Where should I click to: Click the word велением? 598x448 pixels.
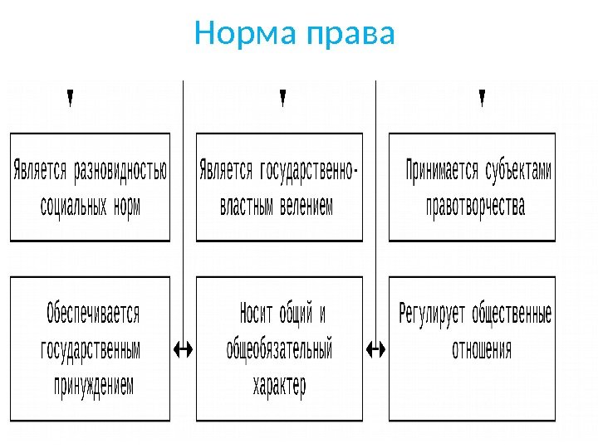pos(305,206)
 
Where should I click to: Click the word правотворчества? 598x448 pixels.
pos(475,206)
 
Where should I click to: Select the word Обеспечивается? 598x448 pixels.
pos(93,314)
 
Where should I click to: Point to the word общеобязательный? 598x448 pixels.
pos(280,349)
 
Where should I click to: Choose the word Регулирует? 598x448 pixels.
pos(432,314)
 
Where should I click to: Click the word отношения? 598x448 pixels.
pos(482,349)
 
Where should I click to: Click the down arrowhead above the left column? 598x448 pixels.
pos(70,99)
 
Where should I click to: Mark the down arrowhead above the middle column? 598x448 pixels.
pos(282,99)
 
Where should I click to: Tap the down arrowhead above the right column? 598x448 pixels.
pos(483,99)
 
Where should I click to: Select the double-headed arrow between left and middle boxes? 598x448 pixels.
pos(183,349)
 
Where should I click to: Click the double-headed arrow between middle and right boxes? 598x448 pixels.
pos(376,349)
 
